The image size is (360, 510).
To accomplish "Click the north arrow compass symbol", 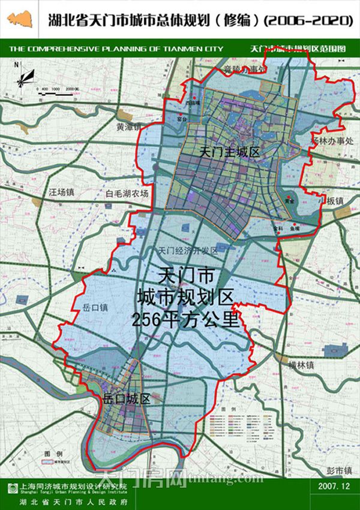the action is (23, 76).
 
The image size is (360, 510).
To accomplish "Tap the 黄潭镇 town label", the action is (129, 127).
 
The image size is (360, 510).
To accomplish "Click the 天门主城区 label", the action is (230, 154).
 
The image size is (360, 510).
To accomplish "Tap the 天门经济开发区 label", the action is (188, 250).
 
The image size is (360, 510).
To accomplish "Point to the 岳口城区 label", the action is (126, 398).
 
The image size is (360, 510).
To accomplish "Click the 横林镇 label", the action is (301, 364).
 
